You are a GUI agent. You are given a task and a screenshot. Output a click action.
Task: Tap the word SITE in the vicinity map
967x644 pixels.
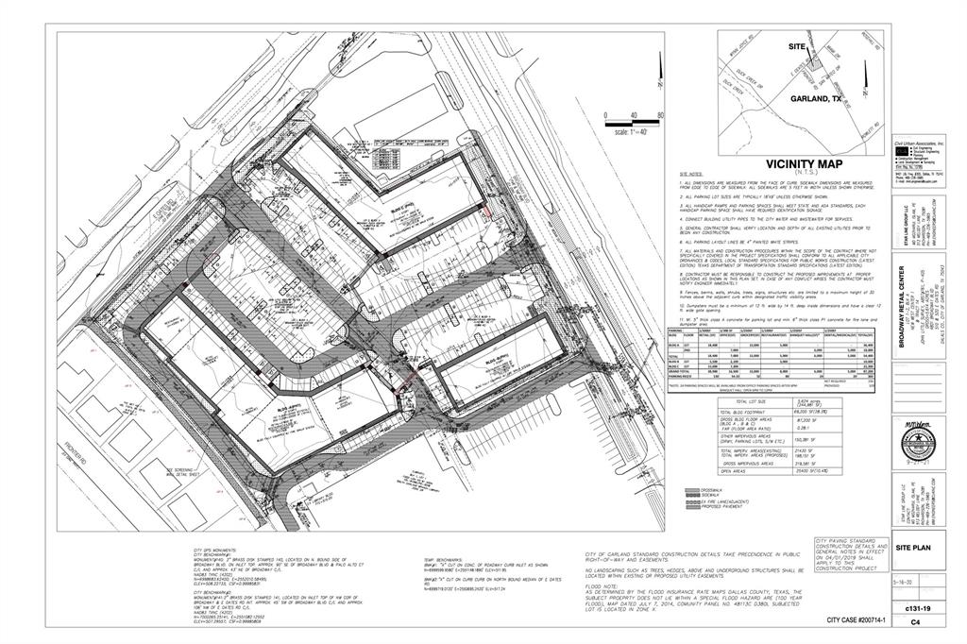click(798, 46)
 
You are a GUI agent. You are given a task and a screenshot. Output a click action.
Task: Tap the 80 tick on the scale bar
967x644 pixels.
click(660, 114)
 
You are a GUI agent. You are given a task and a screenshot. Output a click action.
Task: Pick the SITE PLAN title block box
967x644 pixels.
click(919, 573)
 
